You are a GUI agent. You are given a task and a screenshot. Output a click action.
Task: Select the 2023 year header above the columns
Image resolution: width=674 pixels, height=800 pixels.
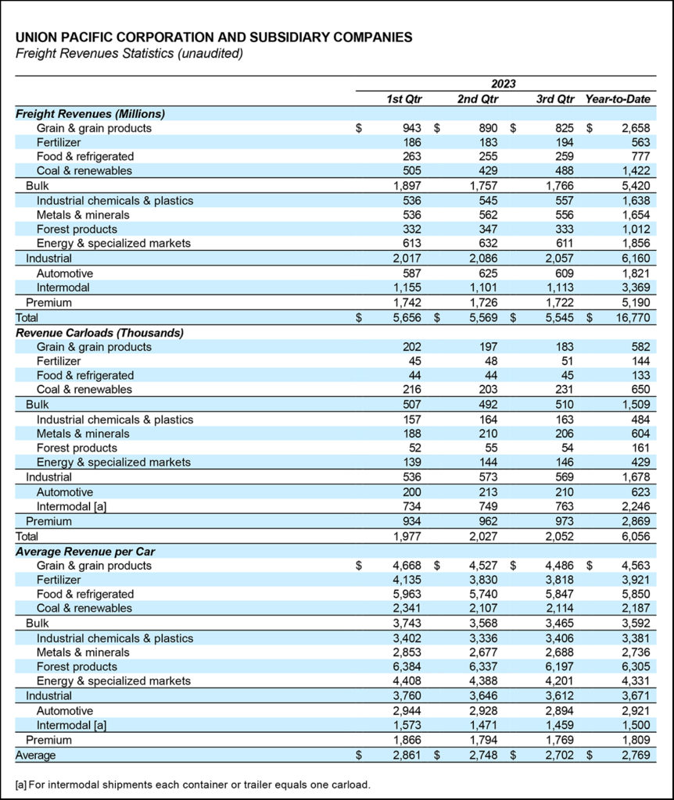[x=503, y=84]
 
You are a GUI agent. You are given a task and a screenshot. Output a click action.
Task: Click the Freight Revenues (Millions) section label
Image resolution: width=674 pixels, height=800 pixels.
[x=90, y=113]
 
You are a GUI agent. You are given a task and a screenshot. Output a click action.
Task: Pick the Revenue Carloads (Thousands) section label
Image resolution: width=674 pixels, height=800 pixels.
[x=99, y=332]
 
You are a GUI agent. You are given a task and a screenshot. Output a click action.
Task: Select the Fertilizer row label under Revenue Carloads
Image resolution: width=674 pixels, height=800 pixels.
[x=59, y=361]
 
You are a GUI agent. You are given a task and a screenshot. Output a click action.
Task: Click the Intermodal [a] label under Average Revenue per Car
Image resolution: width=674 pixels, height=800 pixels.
[x=70, y=725]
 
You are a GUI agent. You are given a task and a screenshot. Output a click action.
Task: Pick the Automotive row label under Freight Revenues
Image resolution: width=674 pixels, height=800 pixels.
[x=65, y=273]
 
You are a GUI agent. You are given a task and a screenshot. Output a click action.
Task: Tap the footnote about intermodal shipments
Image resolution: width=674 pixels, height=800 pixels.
[x=192, y=784]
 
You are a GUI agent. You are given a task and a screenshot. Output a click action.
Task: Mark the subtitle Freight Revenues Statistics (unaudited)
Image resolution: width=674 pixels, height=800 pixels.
[x=129, y=53]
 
